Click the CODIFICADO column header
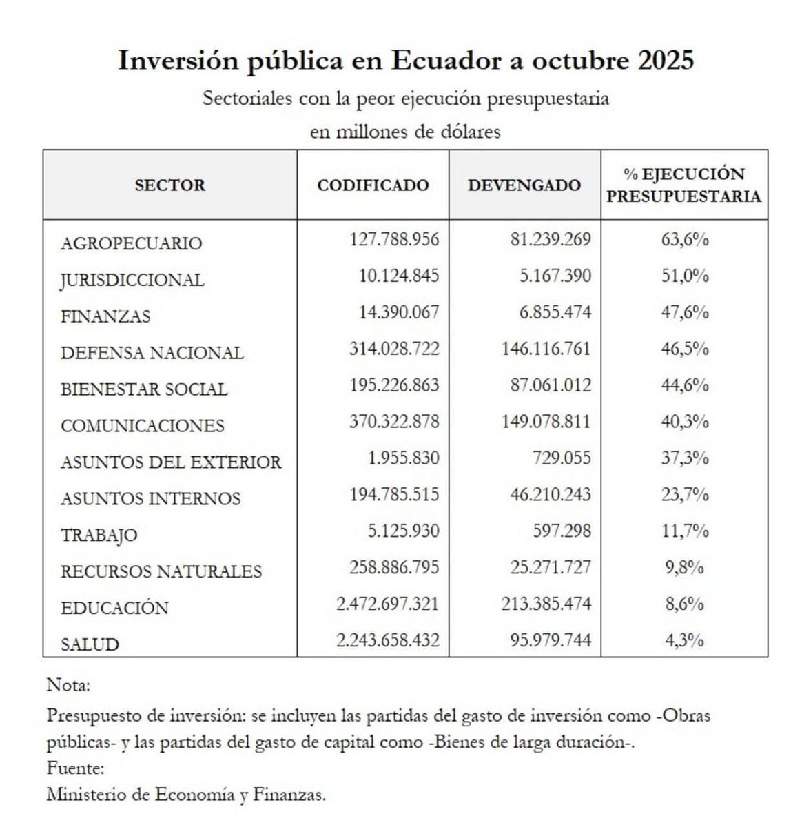pos(373,185)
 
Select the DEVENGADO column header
pos(524,185)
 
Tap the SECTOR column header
pos(170,185)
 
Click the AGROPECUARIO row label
pos(131,243)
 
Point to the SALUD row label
pos(90,644)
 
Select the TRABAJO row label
pos(99,535)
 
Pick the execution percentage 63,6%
pos(685,240)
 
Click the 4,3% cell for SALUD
pos(685,640)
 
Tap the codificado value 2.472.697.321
pos(387,604)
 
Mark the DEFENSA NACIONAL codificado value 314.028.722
pos(394,349)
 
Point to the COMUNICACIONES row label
pos(143,426)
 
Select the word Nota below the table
pos(68,686)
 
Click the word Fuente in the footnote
pos(75,767)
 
